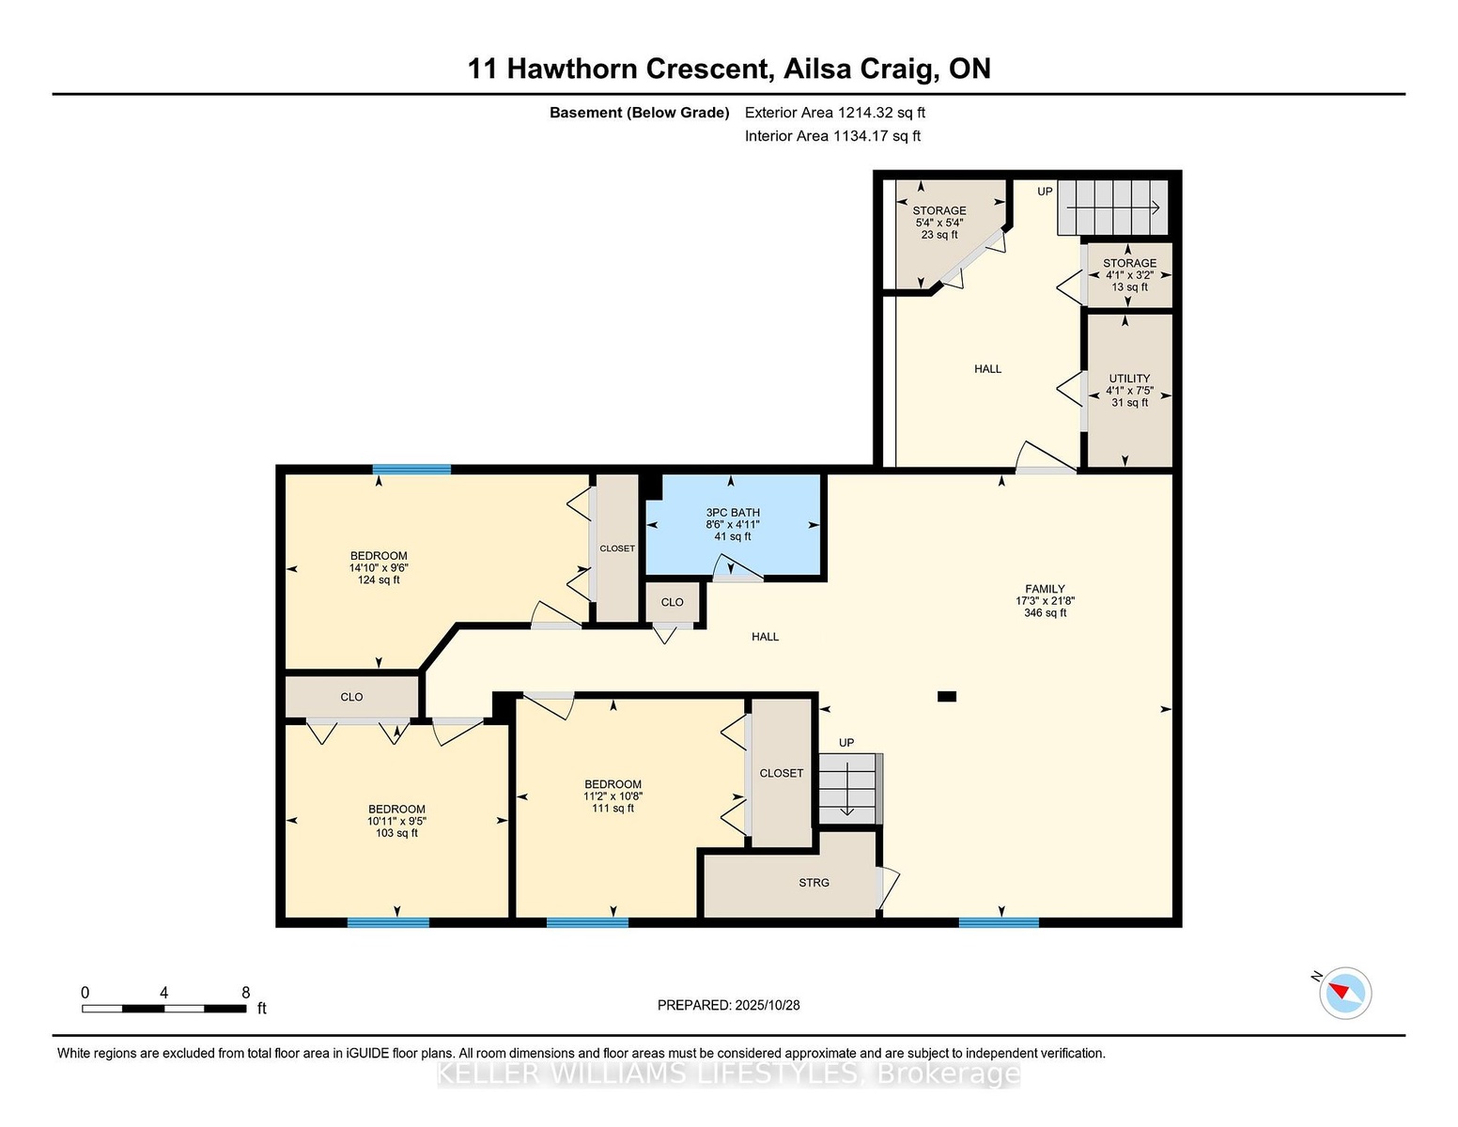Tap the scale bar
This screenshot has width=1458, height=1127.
click(164, 1009)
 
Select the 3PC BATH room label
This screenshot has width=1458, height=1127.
click(732, 513)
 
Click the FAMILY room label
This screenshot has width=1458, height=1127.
click(1045, 589)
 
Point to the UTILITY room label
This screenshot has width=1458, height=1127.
click(1129, 378)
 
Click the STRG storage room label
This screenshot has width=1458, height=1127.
click(814, 882)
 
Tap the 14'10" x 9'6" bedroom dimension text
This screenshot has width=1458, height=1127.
click(379, 568)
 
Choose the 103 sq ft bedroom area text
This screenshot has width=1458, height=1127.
click(396, 833)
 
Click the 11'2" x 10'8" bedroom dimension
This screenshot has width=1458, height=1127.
click(613, 796)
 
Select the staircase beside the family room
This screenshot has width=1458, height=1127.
click(850, 789)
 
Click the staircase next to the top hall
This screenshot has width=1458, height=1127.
click(1113, 208)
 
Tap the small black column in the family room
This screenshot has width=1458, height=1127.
click(946, 697)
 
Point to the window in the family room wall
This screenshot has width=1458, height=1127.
click(999, 923)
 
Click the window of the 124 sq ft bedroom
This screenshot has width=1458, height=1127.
click(411, 470)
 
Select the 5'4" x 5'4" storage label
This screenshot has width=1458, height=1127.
click(939, 223)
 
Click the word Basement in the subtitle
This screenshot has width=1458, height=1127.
click(586, 113)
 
